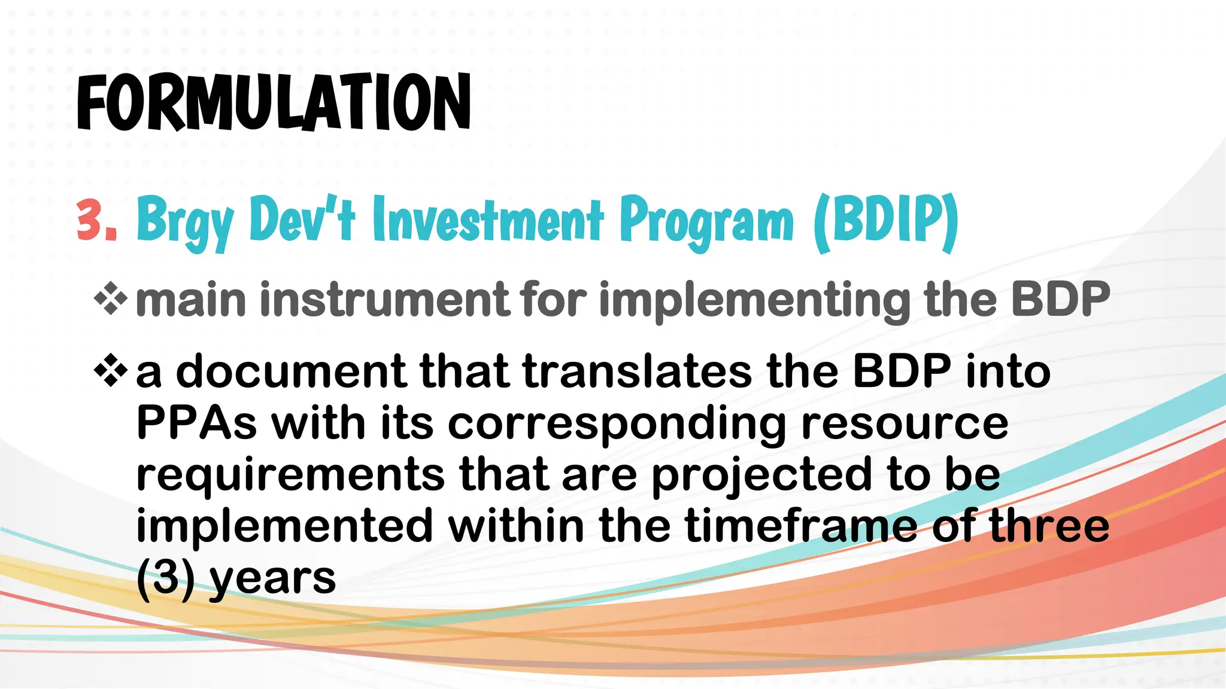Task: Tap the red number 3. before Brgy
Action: pyautogui.click(x=96, y=220)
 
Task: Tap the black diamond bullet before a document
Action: pyautogui.click(x=111, y=371)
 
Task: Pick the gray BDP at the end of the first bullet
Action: pyautogui.click(x=1060, y=299)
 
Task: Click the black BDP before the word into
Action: pyautogui.click(x=902, y=371)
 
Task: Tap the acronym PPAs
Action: pyautogui.click(x=196, y=423)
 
